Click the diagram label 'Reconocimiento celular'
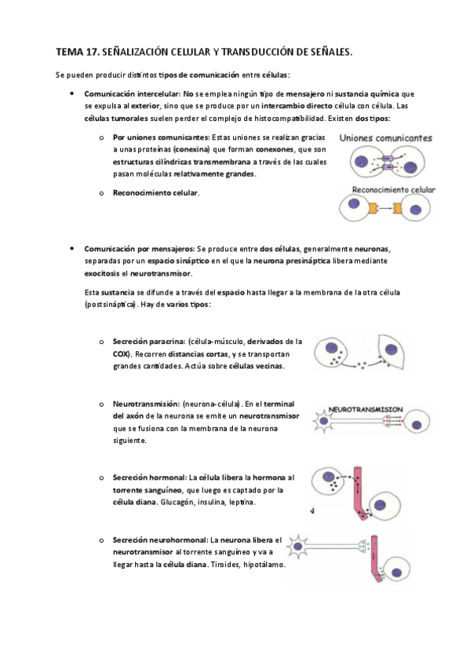click(395, 190)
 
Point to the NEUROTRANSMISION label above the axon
click(366, 409)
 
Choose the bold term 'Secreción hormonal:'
click(149, 478)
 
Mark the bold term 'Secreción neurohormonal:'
click(159, 540)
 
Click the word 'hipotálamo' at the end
click(263, 565)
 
